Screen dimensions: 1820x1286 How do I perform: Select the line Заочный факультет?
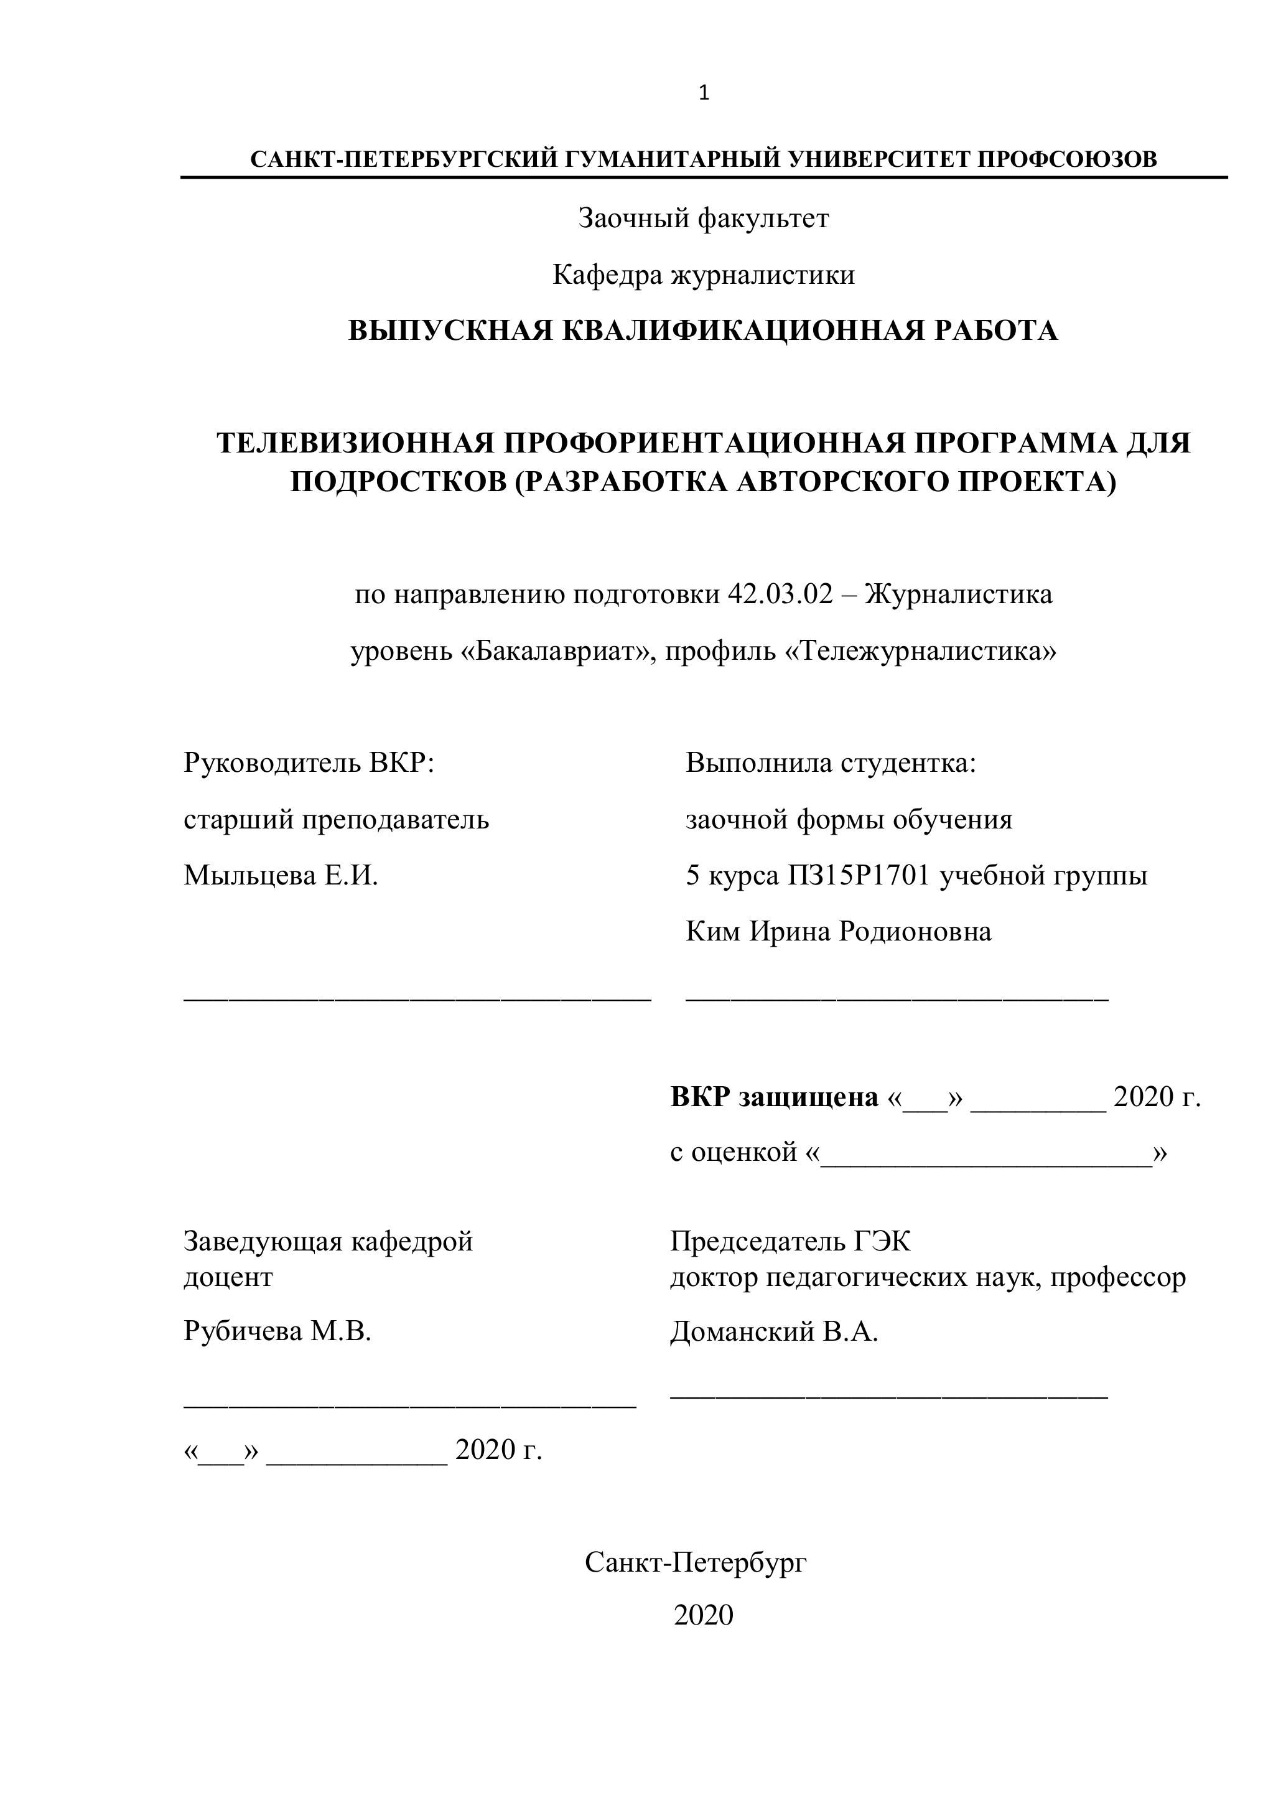[x=704, y=218]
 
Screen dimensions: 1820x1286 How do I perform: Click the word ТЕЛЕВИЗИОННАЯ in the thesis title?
[x=356, y=443]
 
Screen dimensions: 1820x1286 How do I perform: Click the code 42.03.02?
[x=780, y=594]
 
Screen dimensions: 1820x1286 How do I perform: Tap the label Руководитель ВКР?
[x=309, y=762]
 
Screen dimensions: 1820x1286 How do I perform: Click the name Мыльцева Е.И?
[x=281, y=875]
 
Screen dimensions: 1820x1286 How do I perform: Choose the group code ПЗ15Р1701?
[x=858, y=875]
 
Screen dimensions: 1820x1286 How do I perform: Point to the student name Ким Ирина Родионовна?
[x=838, y=931]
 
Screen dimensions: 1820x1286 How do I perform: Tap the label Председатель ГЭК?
[x=791, y=1241]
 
